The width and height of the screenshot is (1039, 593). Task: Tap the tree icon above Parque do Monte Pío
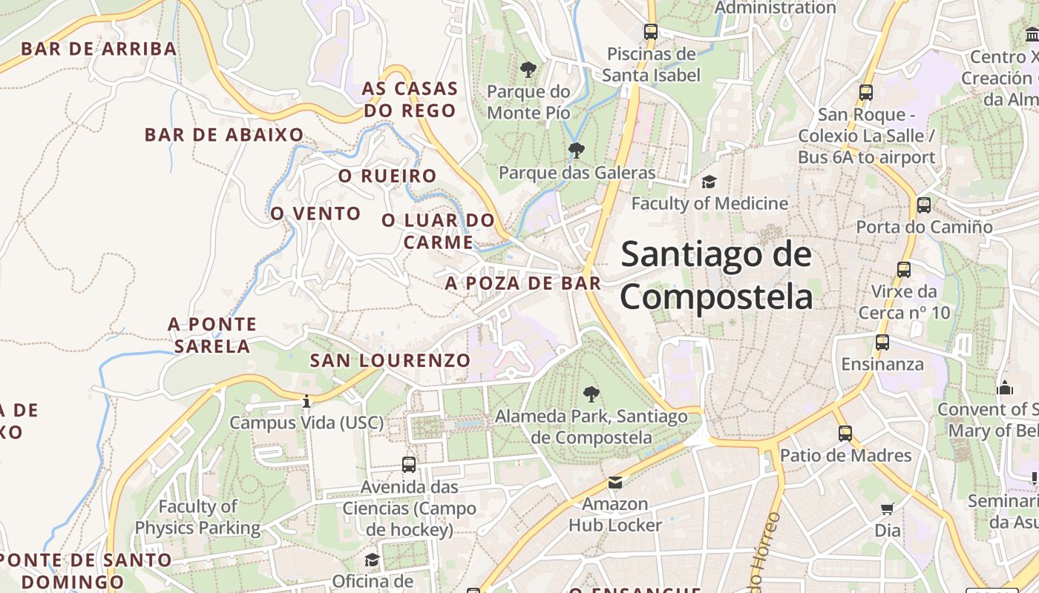[528, 70]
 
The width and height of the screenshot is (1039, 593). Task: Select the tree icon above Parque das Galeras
[576, 151]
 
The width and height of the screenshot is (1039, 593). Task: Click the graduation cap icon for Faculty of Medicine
[709, 182]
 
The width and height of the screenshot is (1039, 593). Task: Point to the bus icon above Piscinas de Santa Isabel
[651, 32]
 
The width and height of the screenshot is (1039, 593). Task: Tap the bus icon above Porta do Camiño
[924, 205]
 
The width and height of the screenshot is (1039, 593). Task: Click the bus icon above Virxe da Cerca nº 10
[904, 270]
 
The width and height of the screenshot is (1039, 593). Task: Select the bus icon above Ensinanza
[882, 342]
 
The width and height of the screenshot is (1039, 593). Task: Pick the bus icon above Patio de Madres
[845, 434]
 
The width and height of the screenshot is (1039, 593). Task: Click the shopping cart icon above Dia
[888, 508]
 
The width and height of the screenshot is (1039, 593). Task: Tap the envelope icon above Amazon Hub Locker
[615, 483]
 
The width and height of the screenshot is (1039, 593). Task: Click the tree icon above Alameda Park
[591, 394]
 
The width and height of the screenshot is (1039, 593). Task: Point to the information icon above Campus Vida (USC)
[307, 401]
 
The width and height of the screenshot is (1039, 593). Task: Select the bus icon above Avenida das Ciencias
[409, 465]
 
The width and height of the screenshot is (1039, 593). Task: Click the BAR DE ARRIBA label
[99, 50]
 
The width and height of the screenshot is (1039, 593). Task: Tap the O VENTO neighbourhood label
[315, 214]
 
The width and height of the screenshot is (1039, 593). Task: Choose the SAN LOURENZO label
[390, 361]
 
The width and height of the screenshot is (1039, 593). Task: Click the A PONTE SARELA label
[212, 335]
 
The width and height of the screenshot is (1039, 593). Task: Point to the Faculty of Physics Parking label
[197, 517]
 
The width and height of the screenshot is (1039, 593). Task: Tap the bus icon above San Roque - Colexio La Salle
[866, 93]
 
